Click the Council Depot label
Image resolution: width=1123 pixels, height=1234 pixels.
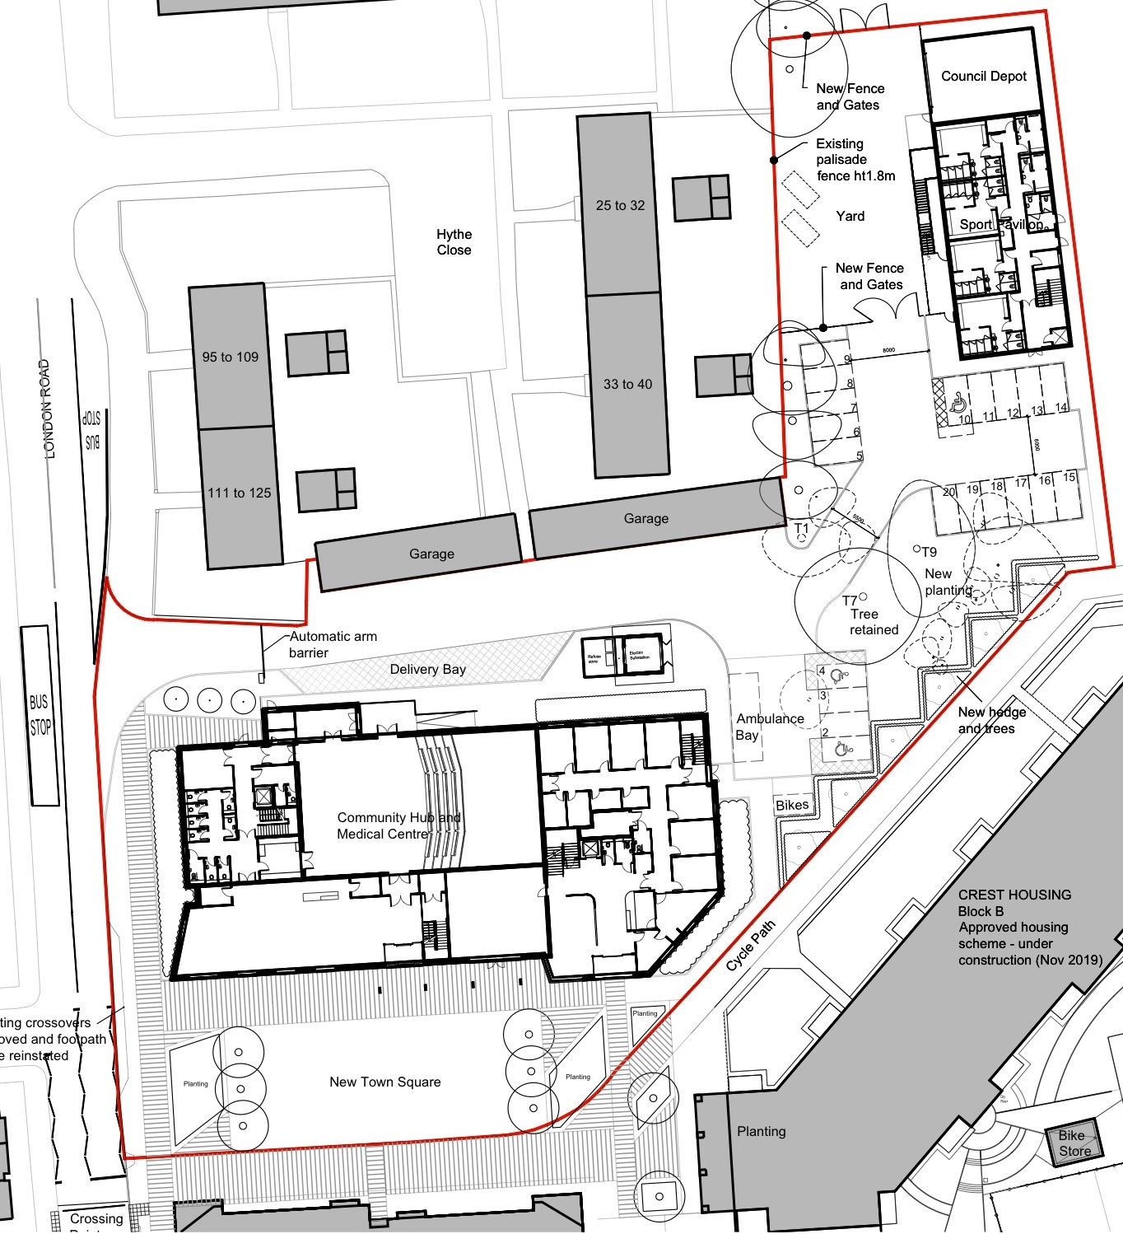click(984, 77)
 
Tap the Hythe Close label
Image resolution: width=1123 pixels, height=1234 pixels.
click(454, 242)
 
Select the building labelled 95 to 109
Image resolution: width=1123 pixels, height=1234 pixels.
click(231, 357)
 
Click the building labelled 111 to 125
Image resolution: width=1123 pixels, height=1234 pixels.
click(240, 493)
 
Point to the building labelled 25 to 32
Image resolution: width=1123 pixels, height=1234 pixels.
click(621, 205)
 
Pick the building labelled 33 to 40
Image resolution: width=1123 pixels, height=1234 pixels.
click(627, 384)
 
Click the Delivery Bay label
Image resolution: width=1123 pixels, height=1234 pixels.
click(427, 669)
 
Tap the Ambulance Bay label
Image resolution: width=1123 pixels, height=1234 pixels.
click(769, 727)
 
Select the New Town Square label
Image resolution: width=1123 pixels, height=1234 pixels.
click(384, 1082)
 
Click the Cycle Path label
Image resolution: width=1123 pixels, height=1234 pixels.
click(751, 945)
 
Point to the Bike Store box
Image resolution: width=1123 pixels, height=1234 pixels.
click(1074, 1143)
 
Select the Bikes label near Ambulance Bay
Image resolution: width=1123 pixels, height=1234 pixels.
click(792, 805)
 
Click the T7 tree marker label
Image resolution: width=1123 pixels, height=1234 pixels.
click(850, 601)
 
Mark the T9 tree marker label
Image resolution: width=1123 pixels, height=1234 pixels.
click(929, 552)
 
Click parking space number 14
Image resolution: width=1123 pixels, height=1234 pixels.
click(1061, 408)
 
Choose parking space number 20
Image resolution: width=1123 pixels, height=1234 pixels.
click(949, 492)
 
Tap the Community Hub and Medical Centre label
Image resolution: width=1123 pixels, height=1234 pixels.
click(398, 825)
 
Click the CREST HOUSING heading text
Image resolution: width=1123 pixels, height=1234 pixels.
click(1014, 895)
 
